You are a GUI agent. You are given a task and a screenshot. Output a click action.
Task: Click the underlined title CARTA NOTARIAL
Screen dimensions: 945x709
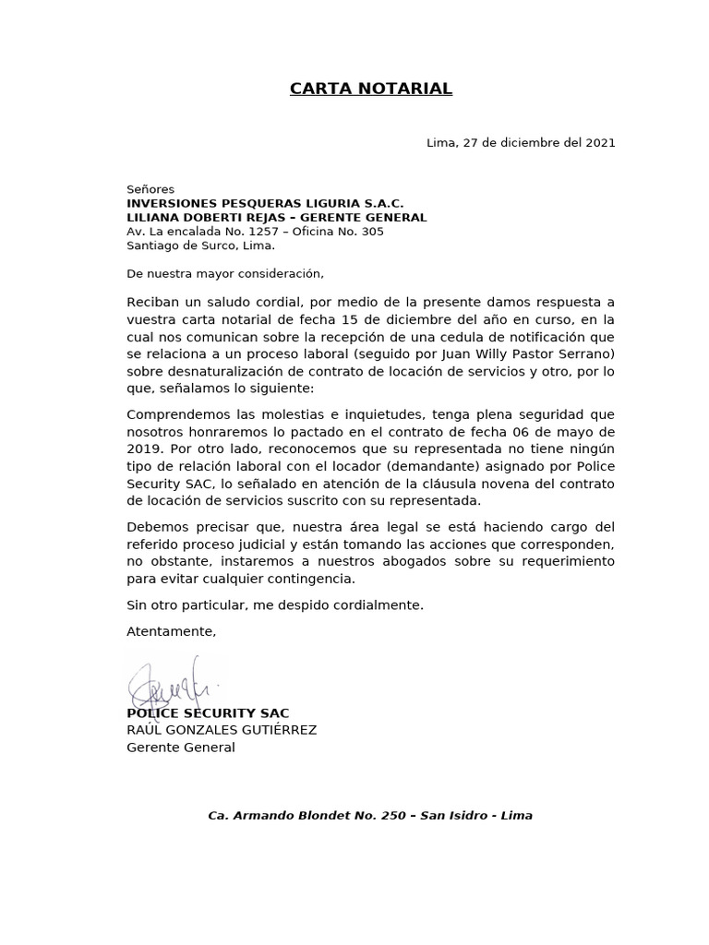[x=371, y=89]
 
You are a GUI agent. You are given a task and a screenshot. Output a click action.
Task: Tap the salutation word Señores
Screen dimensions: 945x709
[x=150, y=189]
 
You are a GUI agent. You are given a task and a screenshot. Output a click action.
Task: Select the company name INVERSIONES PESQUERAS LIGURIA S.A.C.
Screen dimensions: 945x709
[x=265, y=203]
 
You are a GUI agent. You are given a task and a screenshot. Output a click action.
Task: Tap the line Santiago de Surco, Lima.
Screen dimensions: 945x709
[x=200, y=245]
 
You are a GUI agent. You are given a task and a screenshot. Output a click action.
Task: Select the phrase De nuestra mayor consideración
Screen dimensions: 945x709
[x=225, y=274]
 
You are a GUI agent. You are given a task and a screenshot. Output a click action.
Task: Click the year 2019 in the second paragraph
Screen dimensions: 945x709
[x=144, y=449]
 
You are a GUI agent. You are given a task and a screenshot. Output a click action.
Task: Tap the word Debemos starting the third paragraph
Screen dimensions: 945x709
[x=156, y=527]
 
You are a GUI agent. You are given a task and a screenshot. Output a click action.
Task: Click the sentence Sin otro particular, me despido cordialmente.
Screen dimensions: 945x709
[x=275, y=605]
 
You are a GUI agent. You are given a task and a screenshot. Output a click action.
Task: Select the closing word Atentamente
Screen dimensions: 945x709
[x=171, y=631]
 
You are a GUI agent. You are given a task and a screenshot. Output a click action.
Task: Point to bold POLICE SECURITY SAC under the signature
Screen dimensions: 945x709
[x=208, y=713]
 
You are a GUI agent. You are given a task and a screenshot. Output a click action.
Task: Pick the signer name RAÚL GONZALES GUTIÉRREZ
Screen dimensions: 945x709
[x=222, y=730]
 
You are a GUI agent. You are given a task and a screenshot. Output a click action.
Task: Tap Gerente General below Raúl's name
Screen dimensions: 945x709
[x=181, y=748]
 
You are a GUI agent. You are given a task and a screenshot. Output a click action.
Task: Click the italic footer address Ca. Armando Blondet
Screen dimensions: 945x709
[x=370, y=816]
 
